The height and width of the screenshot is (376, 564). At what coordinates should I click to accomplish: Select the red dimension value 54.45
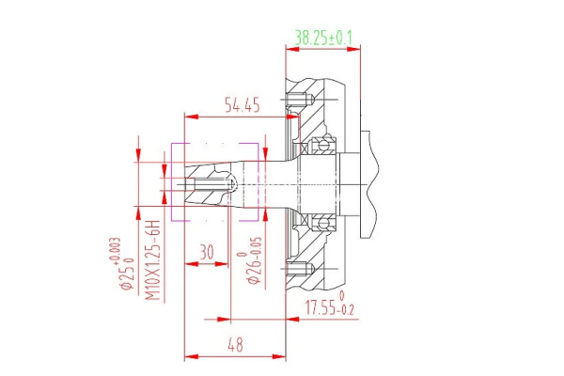(x=241, y=104)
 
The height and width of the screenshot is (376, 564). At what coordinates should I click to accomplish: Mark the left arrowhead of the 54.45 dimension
(x=188, y=117)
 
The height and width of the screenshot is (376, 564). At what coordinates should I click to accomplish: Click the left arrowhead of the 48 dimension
(x=188, y=357)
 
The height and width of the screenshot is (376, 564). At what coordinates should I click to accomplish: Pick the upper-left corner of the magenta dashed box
(x=171, y=144)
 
